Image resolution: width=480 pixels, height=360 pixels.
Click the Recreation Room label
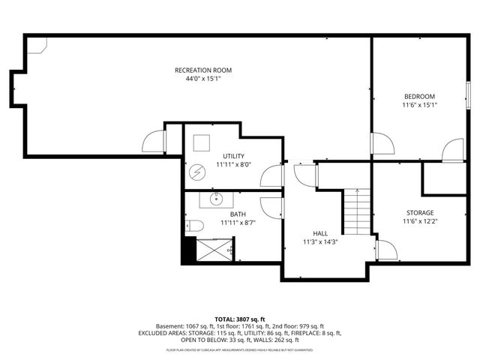[198, 70]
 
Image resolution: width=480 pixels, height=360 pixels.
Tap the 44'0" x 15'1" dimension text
[198, 78]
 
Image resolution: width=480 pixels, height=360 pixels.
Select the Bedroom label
[419, 97]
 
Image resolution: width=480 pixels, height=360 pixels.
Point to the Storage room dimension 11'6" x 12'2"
[419, 222]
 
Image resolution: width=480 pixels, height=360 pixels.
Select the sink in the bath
[216, 199]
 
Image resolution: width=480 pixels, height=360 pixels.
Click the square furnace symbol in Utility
[201, 142]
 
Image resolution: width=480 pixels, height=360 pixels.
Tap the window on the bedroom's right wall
[468, 91]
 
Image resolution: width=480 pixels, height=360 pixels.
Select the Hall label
[319, 233]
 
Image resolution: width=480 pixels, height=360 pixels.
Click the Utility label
[233, 156]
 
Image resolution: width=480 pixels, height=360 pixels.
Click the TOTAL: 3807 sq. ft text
[240, 319]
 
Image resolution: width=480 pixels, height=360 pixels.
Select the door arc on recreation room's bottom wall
[154, 142]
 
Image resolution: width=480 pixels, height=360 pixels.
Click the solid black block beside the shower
[188, 250]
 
